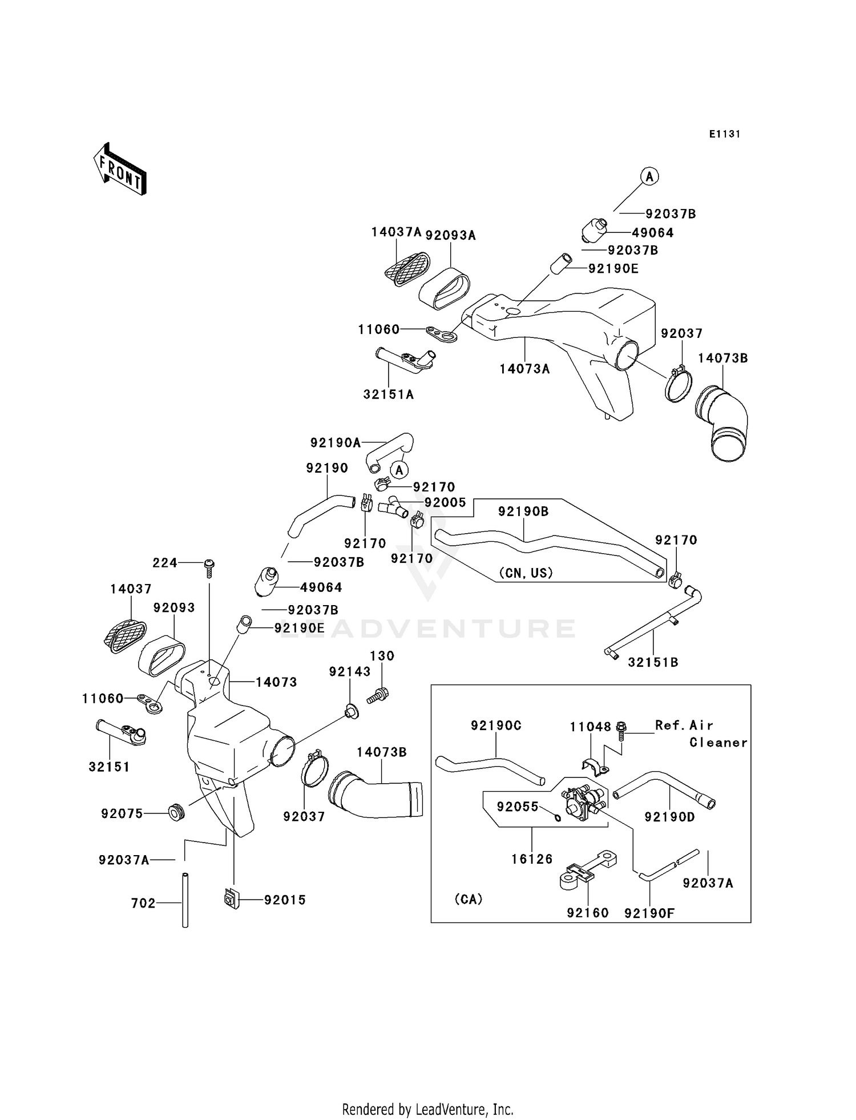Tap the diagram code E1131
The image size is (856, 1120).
click(725, 134)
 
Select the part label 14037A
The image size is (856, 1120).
click(396, 232)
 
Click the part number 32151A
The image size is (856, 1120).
click(389, 394)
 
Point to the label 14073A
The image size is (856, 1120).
click(525, 369)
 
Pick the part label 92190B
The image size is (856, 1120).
click(523, 511)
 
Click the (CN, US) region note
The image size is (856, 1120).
click(526, 573)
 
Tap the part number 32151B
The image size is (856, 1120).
click(653, 662)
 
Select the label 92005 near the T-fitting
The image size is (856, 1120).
click(445, 502)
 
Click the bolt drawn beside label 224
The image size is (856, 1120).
click(209, 569)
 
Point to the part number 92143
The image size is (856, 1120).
click(350, 672)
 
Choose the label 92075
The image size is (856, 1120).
click(122, 813)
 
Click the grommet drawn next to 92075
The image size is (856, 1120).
click(176, 812)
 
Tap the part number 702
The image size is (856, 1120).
click(143, 903)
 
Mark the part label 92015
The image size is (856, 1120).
click(285, 900)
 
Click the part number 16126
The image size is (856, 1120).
click(532, 859)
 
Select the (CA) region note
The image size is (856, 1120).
click(469, 899)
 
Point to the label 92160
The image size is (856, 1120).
click(588, 913)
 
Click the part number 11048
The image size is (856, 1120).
click(591, 727)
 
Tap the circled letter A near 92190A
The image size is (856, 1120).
click(400, 470)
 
